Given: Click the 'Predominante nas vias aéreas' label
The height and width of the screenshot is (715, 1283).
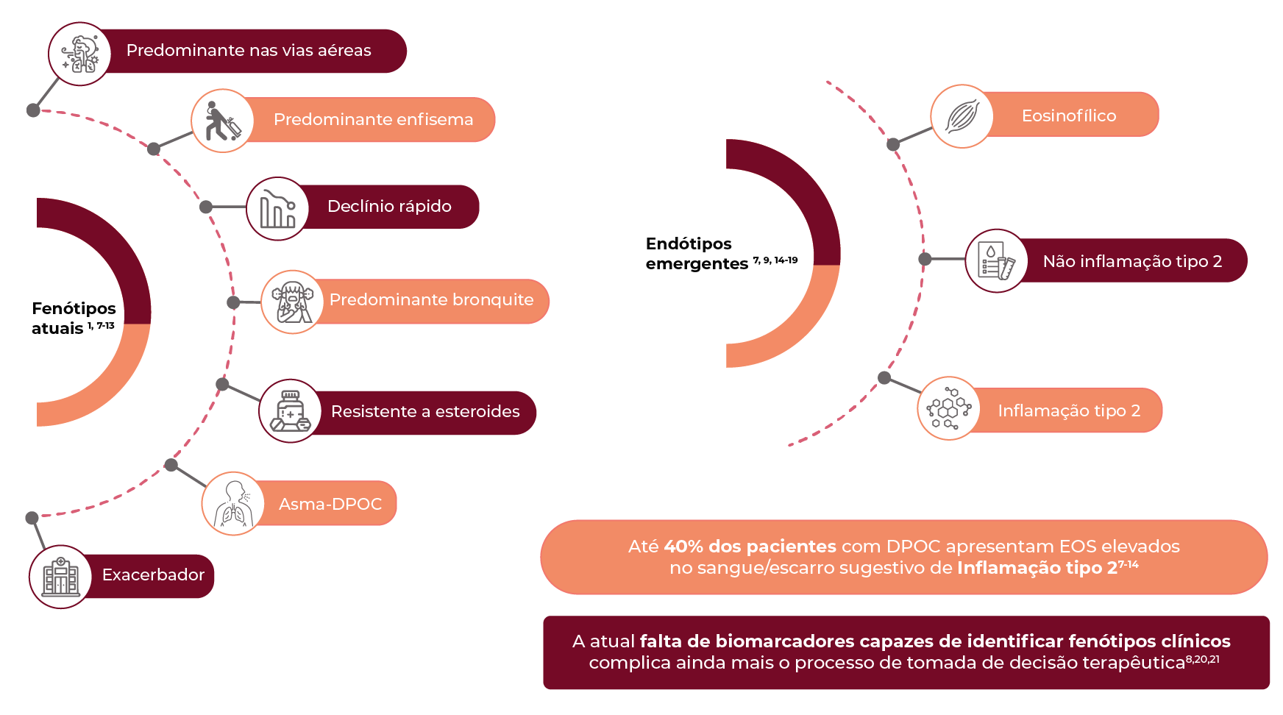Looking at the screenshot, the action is click(249, 50).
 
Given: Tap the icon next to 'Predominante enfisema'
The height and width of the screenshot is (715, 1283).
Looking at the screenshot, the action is click(223, 121).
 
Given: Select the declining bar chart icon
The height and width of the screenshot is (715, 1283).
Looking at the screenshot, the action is click(277, 209).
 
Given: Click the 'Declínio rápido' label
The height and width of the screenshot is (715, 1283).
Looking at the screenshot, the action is click(389, 206).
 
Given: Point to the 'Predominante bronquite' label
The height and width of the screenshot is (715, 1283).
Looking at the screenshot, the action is click(431, 299).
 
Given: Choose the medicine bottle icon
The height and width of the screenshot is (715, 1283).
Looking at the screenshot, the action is click(291, 410).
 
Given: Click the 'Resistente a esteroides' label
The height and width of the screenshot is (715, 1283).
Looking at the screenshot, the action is click(425, 411).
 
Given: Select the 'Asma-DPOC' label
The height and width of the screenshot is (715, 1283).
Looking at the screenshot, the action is click(330, 504).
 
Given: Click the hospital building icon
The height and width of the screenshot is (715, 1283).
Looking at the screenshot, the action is click(61, 577).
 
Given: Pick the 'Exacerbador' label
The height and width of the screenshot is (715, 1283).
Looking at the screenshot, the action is click(153, 575).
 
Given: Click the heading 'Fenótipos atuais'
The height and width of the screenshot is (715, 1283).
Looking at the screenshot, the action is click(74, 318).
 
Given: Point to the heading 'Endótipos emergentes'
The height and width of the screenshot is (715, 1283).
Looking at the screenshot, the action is click(721, 253).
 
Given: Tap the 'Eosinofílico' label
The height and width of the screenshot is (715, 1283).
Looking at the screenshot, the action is click(1069, 115).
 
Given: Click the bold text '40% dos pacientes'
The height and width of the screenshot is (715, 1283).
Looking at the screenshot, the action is click(750, 547).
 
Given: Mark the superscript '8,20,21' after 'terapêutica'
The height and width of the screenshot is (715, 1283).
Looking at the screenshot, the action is click(1203, 659).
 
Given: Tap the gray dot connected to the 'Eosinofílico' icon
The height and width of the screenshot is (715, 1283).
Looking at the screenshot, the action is click(893, 144).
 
